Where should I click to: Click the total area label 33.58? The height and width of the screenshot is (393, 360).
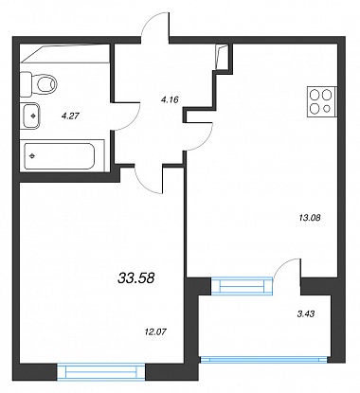point(136,278)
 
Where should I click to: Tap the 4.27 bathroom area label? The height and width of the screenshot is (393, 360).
point(70,116)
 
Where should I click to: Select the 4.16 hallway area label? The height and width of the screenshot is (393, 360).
point(170,100)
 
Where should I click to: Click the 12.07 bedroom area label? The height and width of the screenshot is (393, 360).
point(154,331)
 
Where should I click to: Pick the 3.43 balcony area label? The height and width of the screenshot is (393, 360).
point(306,313)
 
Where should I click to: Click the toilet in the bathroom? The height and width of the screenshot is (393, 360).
point(39,84)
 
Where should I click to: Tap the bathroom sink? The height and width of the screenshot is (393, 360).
point(30,116)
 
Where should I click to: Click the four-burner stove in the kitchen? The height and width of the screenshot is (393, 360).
point(322,101)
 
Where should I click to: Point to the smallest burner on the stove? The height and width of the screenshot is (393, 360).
point(327,109)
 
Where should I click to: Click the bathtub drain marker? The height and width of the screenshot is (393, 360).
point(32,155)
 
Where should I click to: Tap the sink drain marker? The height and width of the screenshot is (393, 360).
point(33,116)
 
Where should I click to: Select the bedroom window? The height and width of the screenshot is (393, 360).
point(101,371)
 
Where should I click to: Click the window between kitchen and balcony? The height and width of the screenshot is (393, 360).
point(242,286)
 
